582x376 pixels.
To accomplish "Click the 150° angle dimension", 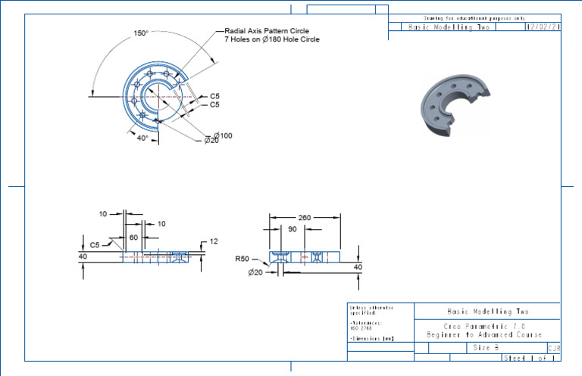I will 142,33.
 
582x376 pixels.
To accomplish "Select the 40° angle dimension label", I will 142,138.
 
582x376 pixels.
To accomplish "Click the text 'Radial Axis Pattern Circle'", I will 272,32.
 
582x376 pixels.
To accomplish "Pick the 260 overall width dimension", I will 304,218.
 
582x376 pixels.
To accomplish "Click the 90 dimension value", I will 292,228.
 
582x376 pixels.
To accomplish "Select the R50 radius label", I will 242,259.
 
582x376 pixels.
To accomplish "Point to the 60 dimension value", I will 133,238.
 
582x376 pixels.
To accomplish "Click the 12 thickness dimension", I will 214,241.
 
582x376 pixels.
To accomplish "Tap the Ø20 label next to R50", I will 255,272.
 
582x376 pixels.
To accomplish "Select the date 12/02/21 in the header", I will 543,26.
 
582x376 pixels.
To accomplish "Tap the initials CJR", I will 553,347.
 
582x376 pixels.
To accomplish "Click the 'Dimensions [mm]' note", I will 371,339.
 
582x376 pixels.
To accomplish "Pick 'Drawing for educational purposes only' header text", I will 474,17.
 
